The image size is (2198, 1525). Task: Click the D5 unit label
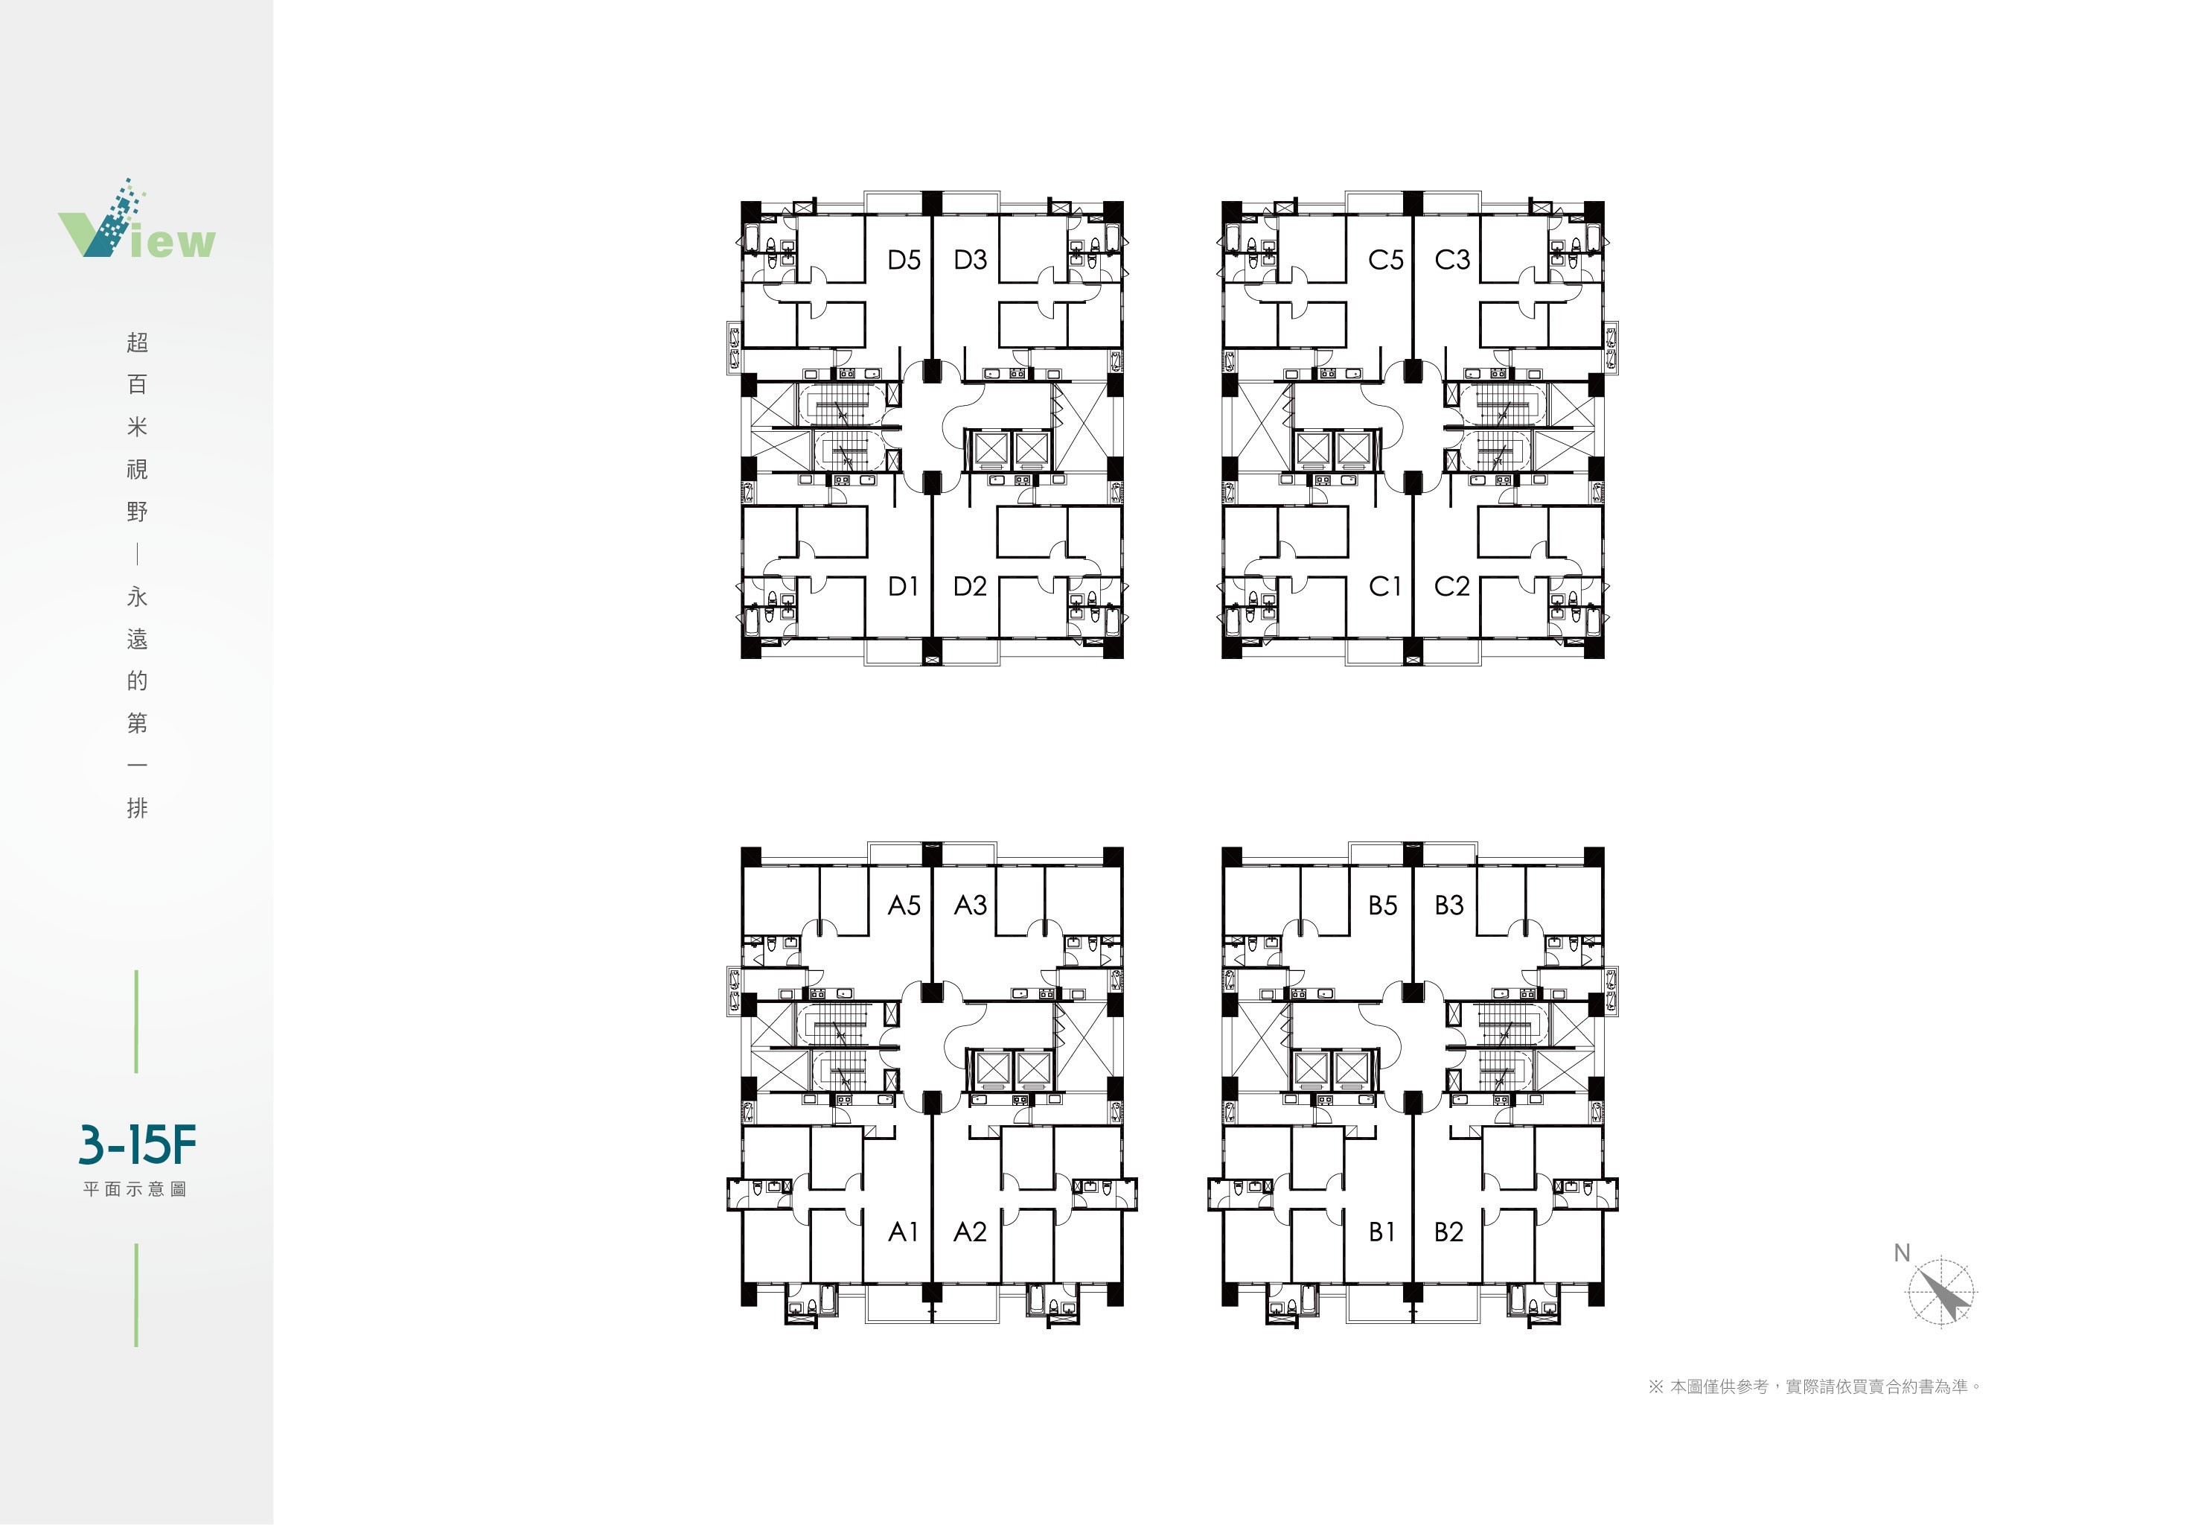coord(904,260)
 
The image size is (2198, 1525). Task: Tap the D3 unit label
coord(971,260)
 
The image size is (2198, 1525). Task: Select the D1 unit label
coord(903,587)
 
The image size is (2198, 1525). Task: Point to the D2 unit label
coord(970,587)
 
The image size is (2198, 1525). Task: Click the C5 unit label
coord(1386,260)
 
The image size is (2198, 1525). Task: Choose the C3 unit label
coord(1453,260)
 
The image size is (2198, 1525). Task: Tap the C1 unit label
coord(1385,587)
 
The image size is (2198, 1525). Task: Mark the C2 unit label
coord(1452,587)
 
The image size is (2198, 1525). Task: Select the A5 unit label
coord(904,905)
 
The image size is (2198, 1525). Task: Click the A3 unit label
coord(971,905)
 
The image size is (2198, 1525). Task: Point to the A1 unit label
coord(903,1232)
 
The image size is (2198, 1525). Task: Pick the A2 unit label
coord(970,1232)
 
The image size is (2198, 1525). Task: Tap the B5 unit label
coord(1383,905)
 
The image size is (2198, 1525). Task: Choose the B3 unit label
coord(1449,905)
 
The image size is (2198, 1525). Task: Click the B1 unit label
coord(1382,1232)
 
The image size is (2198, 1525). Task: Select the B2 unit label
coord(1449,1232)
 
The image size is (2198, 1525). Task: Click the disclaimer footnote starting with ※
coord(1814,1386)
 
